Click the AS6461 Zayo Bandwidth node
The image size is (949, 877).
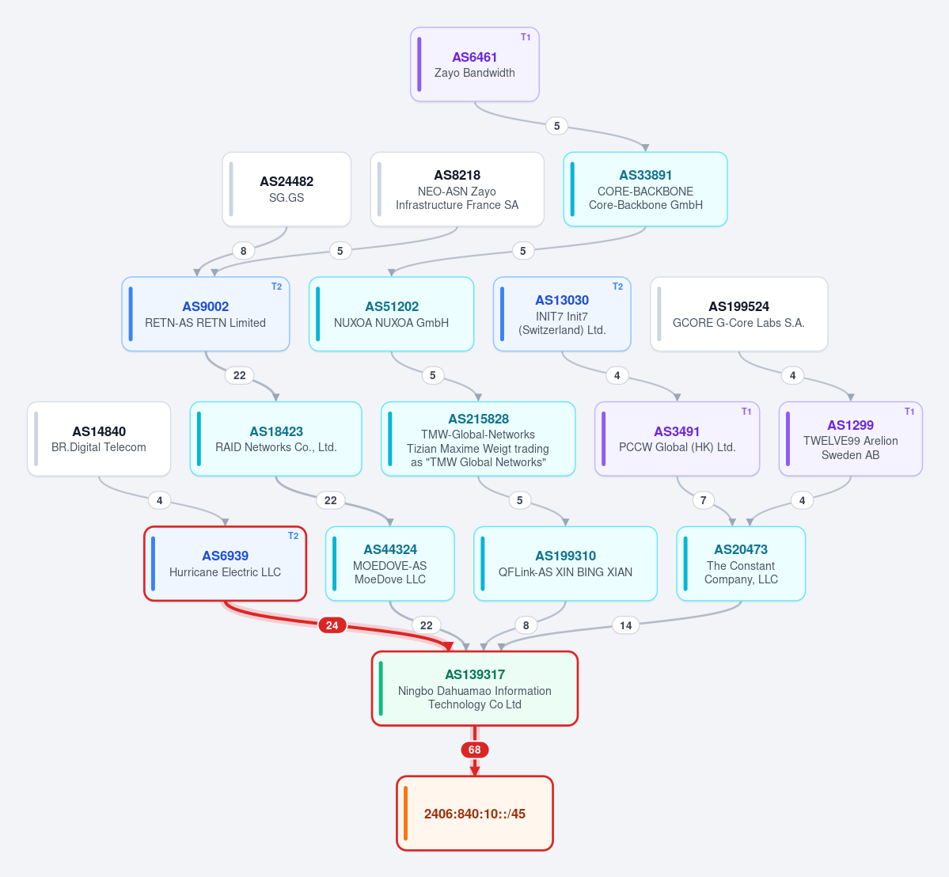click(475, 64)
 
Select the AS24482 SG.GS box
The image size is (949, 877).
click(287, 189)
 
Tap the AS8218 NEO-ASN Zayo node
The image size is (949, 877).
click(457, 189)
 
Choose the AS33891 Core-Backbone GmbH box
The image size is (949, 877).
click(645, 189)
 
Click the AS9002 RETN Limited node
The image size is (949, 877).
click(205, 313)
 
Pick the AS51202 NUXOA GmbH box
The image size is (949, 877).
click(391, 313)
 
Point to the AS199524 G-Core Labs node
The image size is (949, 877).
click(738, 313)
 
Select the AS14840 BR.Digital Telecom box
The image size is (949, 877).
click(99, 438)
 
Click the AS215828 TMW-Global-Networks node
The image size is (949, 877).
click(478, 438)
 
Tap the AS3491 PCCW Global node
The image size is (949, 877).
click(677, 438)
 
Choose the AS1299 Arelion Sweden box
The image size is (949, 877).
click(850, 438)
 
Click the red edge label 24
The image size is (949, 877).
click(332, 625)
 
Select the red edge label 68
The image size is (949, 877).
click(475, 750)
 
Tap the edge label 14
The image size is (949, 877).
click(626, 625)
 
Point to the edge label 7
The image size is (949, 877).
click(704, 500)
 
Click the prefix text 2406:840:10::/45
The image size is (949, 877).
click(475, 814)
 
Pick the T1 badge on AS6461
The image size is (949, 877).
click(526, 37)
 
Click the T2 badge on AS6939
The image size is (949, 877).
click(293, 536)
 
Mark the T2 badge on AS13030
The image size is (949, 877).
click(617, 287)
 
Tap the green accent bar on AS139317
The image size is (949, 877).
click(381, 688)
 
